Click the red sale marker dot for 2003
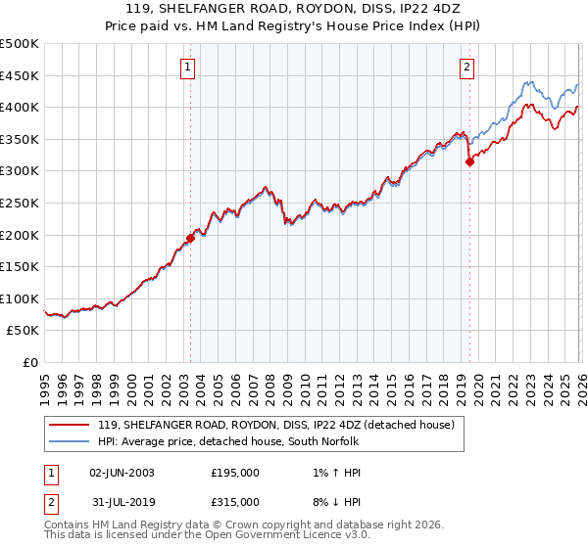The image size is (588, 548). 190,238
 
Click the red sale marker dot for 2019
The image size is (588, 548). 469,162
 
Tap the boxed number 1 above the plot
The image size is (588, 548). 187,68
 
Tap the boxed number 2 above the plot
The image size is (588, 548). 466,68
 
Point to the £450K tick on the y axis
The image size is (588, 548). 20,76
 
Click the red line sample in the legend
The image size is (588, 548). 69,426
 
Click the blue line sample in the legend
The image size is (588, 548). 69,442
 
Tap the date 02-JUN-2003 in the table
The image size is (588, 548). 122,473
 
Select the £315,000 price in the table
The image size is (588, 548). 235,502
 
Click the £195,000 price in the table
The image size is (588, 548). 235,473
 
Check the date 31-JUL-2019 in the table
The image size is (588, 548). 122,502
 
